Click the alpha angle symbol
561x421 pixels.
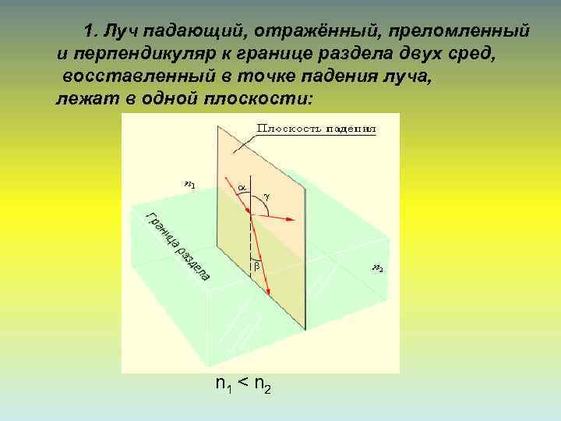[242, 188]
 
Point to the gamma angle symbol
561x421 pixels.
[267, 198]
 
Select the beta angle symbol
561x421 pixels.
[258, 267]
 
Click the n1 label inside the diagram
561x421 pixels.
[189, 185]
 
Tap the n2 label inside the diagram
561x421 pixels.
[377, 269]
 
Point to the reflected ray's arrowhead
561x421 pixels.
[291, 221]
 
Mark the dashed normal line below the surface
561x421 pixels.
[251, 242]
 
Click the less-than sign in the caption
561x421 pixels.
[242, 384]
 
